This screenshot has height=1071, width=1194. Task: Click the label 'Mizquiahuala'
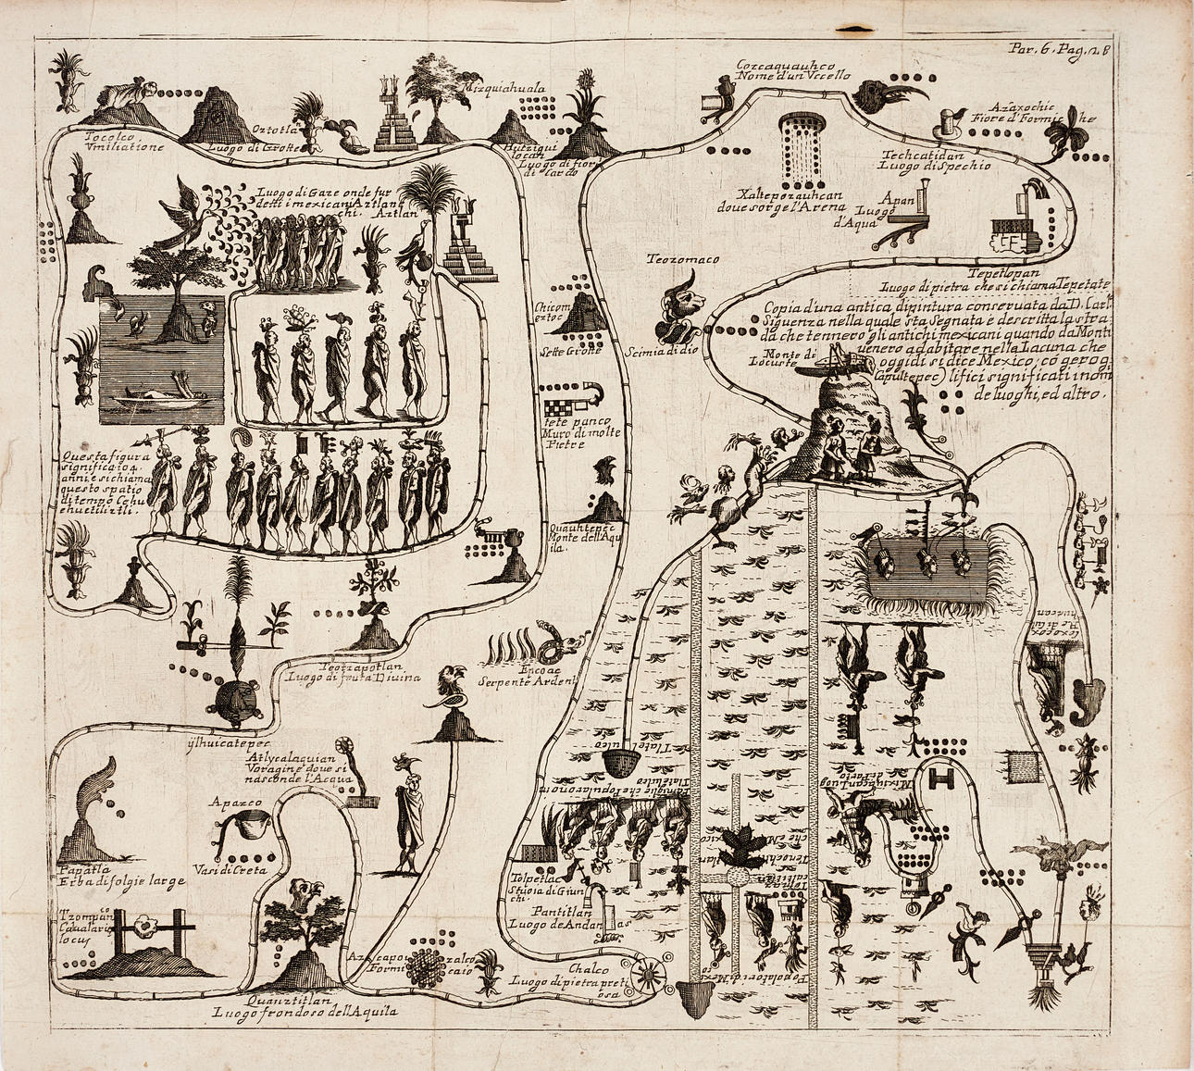(506, 90)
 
